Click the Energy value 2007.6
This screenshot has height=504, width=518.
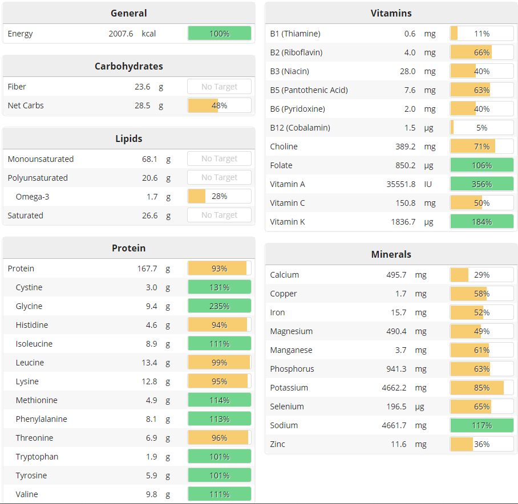[x=120, y=34]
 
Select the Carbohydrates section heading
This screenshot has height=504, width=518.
[x=128, y=66]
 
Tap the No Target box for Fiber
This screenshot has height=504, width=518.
[x=219, y=87]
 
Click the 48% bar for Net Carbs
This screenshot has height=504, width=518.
[x=219, y=105]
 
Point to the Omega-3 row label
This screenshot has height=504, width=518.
[x=33, y=197]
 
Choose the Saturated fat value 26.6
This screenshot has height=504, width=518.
[x=149, y=216]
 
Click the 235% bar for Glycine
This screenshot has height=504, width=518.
[x=219, y=306]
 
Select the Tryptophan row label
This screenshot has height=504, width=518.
[x=37, y=457]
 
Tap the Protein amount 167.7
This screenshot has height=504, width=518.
[x=147, y=269]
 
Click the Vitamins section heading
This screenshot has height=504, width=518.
[x=391, y=13]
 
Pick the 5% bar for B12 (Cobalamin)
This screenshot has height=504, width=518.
[x=481, y=128]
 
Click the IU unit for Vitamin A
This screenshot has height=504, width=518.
[x=428, y=184]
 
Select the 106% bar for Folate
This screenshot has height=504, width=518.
[x=481, y=165]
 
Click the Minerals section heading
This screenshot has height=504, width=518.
[x=391, y=254]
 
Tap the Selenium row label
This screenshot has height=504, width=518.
[x=287, y=407]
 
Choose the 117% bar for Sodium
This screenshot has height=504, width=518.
[x=481, y=425]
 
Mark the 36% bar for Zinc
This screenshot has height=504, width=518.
[x=481, y=444]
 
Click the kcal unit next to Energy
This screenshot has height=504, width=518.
[x=149, y=34]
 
